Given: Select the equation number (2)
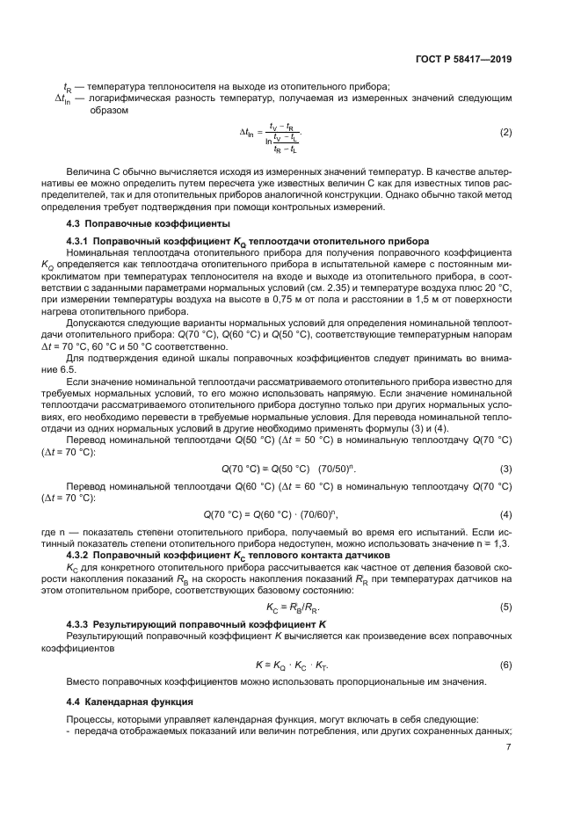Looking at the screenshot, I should click(x=505, y=133).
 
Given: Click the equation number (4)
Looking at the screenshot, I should click(x=505, y=513).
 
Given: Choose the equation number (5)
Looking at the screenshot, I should click(x=505, y=607).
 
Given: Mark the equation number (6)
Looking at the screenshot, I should click(x=505, y=664).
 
